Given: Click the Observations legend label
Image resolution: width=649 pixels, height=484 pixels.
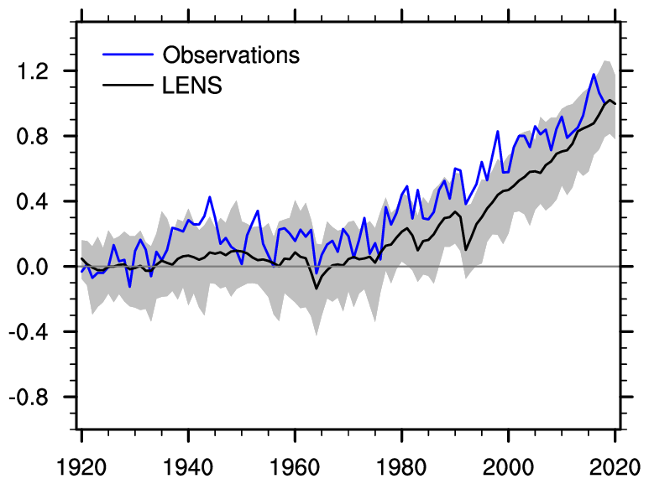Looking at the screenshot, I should [x=231, y=55].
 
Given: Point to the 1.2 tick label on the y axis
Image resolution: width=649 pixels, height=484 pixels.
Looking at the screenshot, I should [x=41, y=71].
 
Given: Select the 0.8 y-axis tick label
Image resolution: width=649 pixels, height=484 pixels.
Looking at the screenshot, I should [x=41, y=136].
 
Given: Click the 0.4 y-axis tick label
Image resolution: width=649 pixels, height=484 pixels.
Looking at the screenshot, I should [x=41, y=201].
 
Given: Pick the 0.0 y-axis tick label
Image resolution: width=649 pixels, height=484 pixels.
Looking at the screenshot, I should [x=41, y=267].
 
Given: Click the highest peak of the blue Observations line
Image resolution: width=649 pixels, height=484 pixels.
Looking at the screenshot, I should [x=594, y=75].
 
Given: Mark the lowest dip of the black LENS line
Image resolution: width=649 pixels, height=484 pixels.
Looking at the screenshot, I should [x=317, y=289].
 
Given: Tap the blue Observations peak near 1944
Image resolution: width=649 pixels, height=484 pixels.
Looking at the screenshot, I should [x=210, y=197].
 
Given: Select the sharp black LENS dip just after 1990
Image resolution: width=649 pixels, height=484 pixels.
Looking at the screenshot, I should [x=466, y=249].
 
